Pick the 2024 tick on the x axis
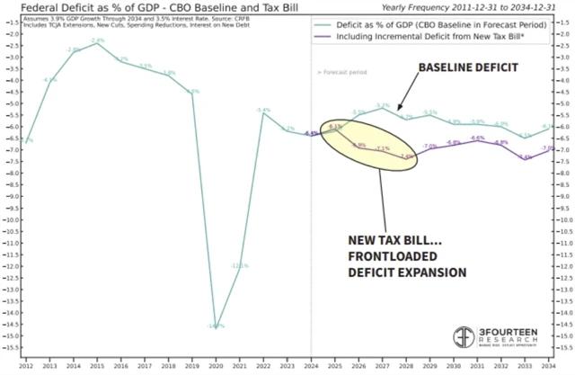click(311, 367)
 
